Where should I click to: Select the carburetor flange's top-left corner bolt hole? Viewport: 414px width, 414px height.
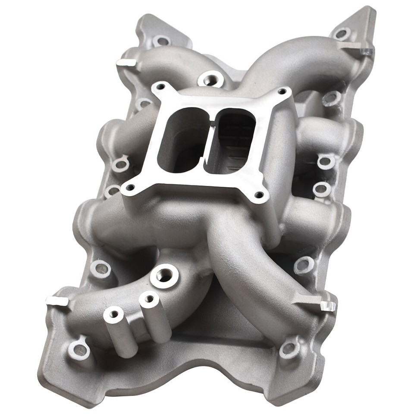160,87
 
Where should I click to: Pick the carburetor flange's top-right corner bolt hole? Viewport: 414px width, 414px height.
282,91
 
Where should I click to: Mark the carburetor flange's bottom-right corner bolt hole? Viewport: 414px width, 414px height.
259,195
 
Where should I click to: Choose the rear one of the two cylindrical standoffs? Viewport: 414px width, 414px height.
149,298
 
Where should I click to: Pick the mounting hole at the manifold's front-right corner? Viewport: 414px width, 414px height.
288,348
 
